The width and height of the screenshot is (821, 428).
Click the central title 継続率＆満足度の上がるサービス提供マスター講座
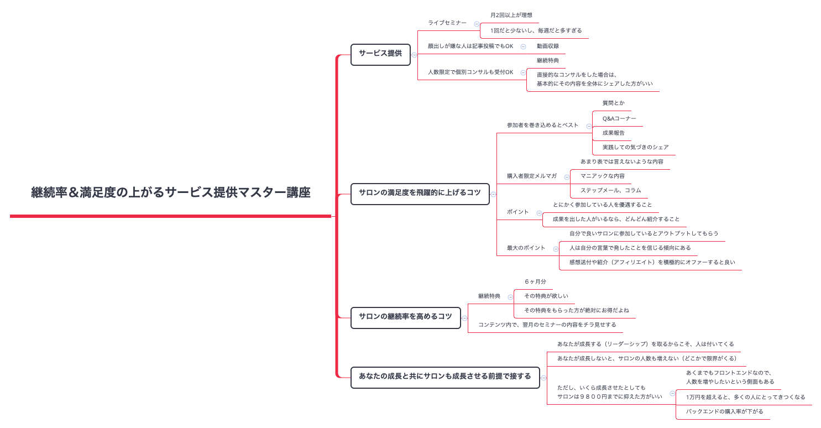coord(170,193)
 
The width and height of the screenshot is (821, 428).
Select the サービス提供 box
coord(380,54)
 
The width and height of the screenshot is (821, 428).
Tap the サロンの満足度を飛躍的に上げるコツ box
coord(420,193)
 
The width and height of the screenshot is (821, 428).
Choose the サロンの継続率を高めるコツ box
coord(405,317)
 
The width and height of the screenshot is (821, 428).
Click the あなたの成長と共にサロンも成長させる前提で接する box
coord(445,377)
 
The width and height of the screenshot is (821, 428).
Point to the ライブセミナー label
coord(447,23)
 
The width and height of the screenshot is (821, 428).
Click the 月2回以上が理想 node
coord(511,15)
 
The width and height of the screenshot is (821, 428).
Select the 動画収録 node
coord(547,46)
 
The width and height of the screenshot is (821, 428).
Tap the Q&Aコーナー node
coord(619,118)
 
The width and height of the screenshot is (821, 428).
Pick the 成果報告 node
coord(613,133)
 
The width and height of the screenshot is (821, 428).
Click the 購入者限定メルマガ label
coord(531,176)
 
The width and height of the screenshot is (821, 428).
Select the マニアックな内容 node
coord(602,176)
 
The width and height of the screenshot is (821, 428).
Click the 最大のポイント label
coord(526,248)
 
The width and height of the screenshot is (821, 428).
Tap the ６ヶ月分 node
coord(535,282)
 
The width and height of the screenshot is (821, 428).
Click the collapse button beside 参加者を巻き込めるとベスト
coord(589,126)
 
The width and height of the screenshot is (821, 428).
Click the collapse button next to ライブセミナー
coord(477,24)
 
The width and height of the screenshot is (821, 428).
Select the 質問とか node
coord(613,103)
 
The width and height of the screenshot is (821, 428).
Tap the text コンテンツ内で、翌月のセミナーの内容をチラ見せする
coord(547,325)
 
